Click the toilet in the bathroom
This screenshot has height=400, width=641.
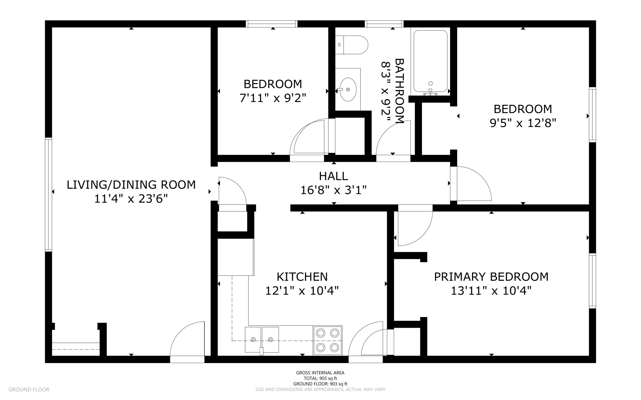(352, 45)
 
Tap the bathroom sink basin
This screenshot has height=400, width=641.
(348, 89)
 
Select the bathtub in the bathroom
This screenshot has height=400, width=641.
(430, 61)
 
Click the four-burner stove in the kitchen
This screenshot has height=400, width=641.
(327, 340)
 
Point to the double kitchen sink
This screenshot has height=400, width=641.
(262, 340)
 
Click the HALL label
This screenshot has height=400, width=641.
(333, 176)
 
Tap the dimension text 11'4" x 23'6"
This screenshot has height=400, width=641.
(131, 198)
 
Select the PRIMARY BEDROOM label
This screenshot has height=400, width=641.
(491, 277)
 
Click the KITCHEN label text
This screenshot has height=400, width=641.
(302, 277)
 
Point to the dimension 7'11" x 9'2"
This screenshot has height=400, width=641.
(273, 98)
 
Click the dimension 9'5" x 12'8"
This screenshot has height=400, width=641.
(523, 123)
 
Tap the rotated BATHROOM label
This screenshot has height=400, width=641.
(400, 91)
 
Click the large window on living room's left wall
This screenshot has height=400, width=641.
(48, 194)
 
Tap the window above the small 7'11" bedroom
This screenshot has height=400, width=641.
(271, 24)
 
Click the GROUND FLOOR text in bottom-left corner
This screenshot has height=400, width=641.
(29, 389)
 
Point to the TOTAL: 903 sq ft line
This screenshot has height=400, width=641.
(320, 378)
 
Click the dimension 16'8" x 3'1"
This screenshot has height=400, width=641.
(333, 190)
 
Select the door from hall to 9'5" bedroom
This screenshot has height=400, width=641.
(471, 184)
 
